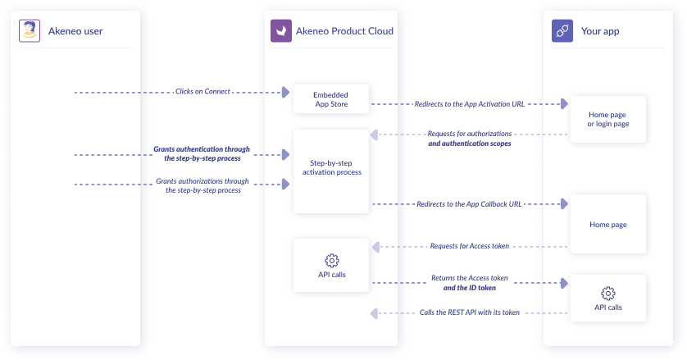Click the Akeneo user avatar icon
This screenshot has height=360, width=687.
pyautogui.click(x=30, y=31)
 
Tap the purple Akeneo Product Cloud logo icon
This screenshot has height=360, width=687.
pyautogui.click(x=281, y=31)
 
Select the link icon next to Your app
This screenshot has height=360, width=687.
pyautogui.click(x=562, y=31)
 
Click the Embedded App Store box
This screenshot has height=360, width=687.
pyautogui.click(x=331, y=98)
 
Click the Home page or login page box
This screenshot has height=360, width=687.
pyautogui.click(x=607, y=119)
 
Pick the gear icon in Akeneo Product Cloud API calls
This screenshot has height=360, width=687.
pyautogui.click(x=332, y=261)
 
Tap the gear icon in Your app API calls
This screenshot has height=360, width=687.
pyautogui.click(x=607, y=294)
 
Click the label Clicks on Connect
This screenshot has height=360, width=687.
pyautogui.click(x=202, y=92)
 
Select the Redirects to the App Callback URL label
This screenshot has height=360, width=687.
pyautogui.click(x=470, y=203)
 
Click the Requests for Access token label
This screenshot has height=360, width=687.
pyautogui.click(x=470, y=246)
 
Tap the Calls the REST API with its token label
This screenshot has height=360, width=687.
pyautogui.click(x=470, y=312)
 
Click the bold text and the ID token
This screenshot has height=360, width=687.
pyautogui.click(x=470, y=288)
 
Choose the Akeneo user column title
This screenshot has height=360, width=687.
pyautogui.click(x=75, y=31)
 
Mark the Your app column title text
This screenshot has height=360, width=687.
pyautogui.click(x=599, y=31)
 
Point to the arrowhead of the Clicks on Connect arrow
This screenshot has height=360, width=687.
pyautogui.click(x=286, y=93)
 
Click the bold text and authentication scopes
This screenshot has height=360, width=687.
pyautogui.click(x=470, y=144)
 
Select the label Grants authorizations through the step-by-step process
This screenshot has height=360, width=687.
pyautogui.click(x=202, y=185)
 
